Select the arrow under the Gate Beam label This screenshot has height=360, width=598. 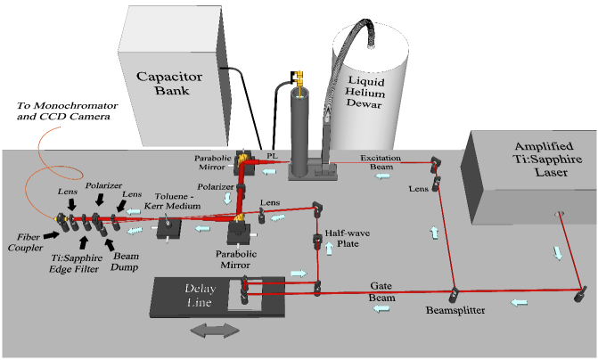click(x=382, y=307)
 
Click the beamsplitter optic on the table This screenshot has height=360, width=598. click(x=454, y=291)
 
